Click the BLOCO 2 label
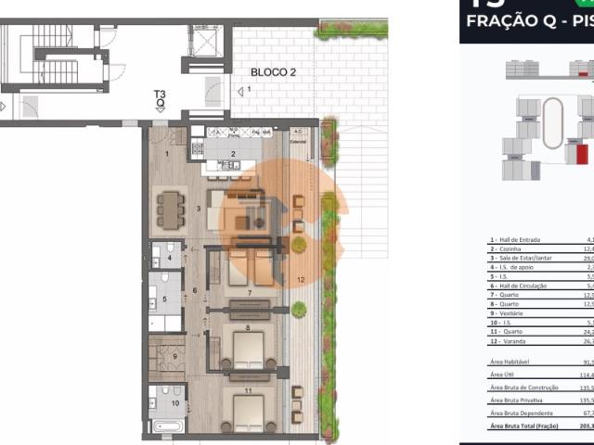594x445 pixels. [x=271, y=71]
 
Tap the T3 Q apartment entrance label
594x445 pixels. [x=161, y=98]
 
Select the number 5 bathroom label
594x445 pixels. [x=163, y=299]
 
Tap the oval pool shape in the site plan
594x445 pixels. [x=551, y=123]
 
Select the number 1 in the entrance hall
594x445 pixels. [x=167, y=153]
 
